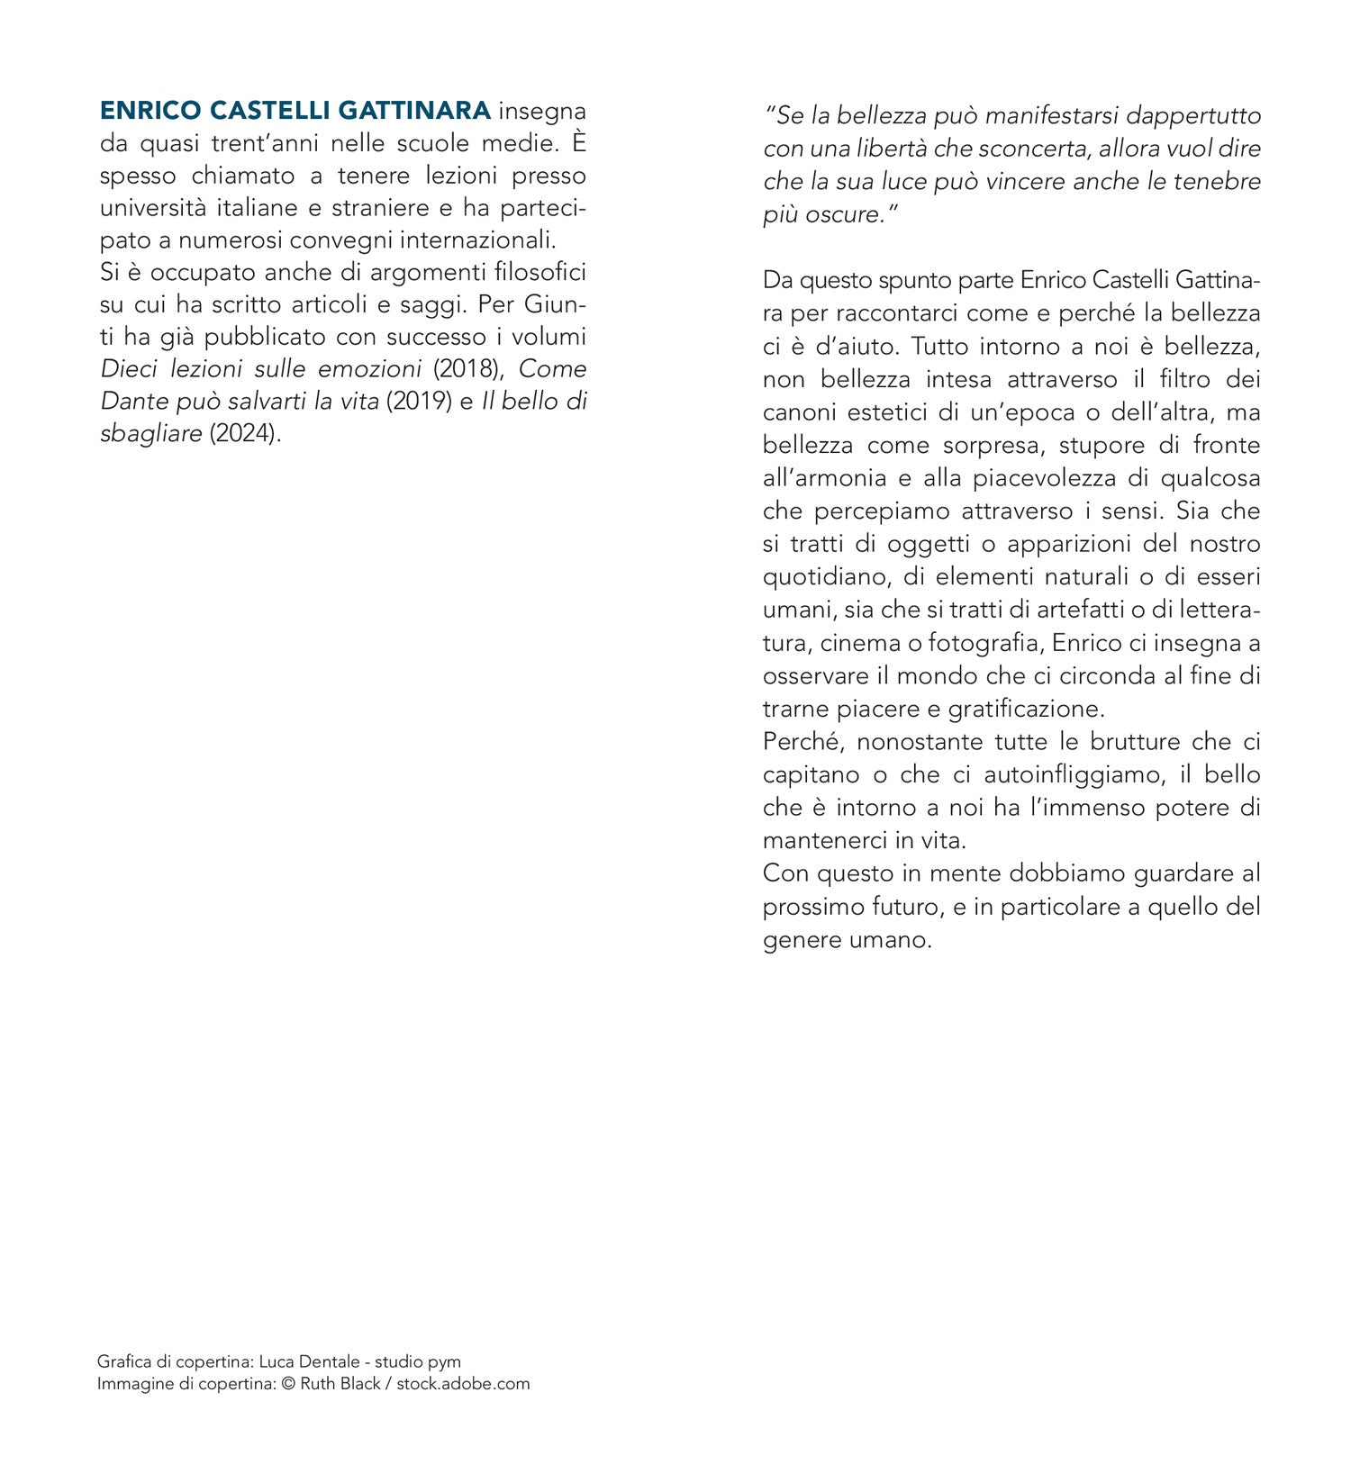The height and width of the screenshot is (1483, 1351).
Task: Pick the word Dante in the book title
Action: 131,402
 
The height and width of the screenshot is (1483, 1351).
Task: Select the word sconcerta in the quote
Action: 1036,149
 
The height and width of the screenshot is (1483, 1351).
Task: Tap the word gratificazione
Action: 1026,709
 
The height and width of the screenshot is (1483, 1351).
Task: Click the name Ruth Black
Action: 340,1383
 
